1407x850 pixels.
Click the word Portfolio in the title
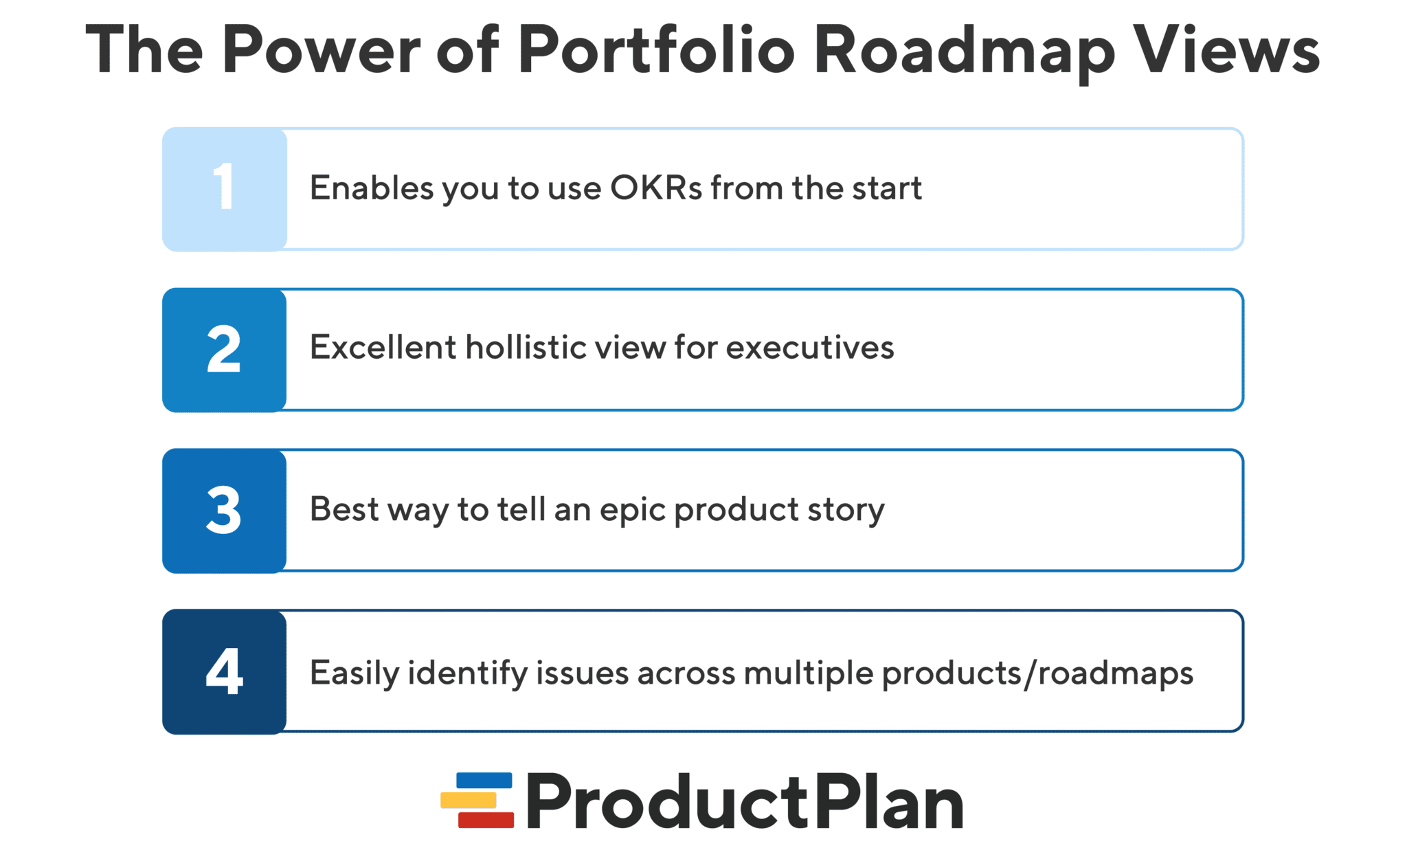(656, 49)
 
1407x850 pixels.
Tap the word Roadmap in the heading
(964, 49)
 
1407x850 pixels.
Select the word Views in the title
(1226, 49)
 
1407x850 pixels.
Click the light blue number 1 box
(225, 189)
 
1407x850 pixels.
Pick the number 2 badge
(225, 350)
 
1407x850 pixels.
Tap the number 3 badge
(225, 511)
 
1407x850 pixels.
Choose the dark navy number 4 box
(225, 671)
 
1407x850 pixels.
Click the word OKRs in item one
(656, 188)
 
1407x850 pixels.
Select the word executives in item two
(810, 347)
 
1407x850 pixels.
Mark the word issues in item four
(582, 673)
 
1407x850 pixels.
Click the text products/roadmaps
(1037, 673)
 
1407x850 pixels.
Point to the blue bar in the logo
(484, 781)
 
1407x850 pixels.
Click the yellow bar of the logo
(469, 800)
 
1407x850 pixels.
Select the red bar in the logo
(486, 820)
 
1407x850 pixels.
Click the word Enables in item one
(372, 188)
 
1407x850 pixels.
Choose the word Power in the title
(321, 49)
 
